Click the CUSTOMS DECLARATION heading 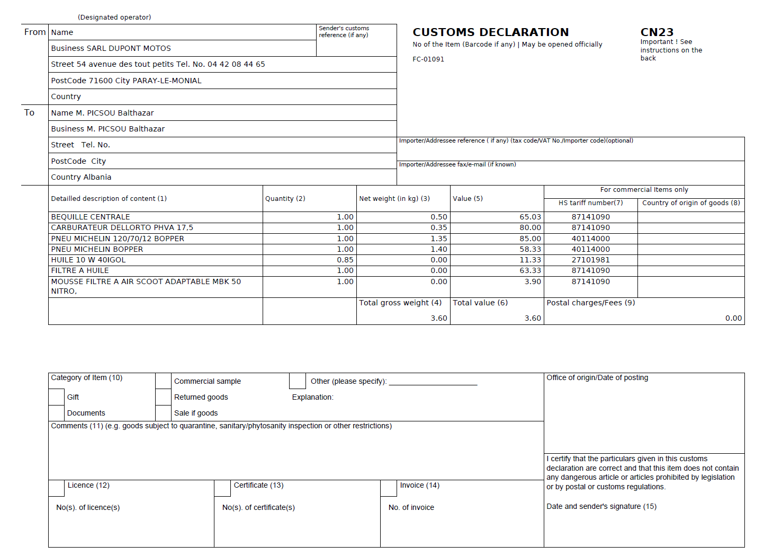[x=490, y=32]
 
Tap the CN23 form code [x=657, y=32]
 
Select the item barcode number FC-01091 [x=428, y=59]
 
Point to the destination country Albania [x=96, y=177]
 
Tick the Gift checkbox [x=57, y=397]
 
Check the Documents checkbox [x=57, y=413]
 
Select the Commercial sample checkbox [x=164, y=381]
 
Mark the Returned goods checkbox [x=164, y=397]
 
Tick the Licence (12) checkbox [x=57, y=488]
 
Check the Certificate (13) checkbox [x=222, y=488]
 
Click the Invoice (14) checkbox [x=389, y=488]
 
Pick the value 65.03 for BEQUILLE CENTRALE [x=530, y=217]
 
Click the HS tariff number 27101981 [x=590, y=260]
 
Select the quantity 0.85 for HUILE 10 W [x=345, y=260]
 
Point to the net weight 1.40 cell [x=439, y=249]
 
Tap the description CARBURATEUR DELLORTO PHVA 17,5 [x=122, y=227]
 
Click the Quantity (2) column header [x=285, y=199]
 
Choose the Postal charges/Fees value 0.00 [x=733, y=318]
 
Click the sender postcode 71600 [x=101, y=81]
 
